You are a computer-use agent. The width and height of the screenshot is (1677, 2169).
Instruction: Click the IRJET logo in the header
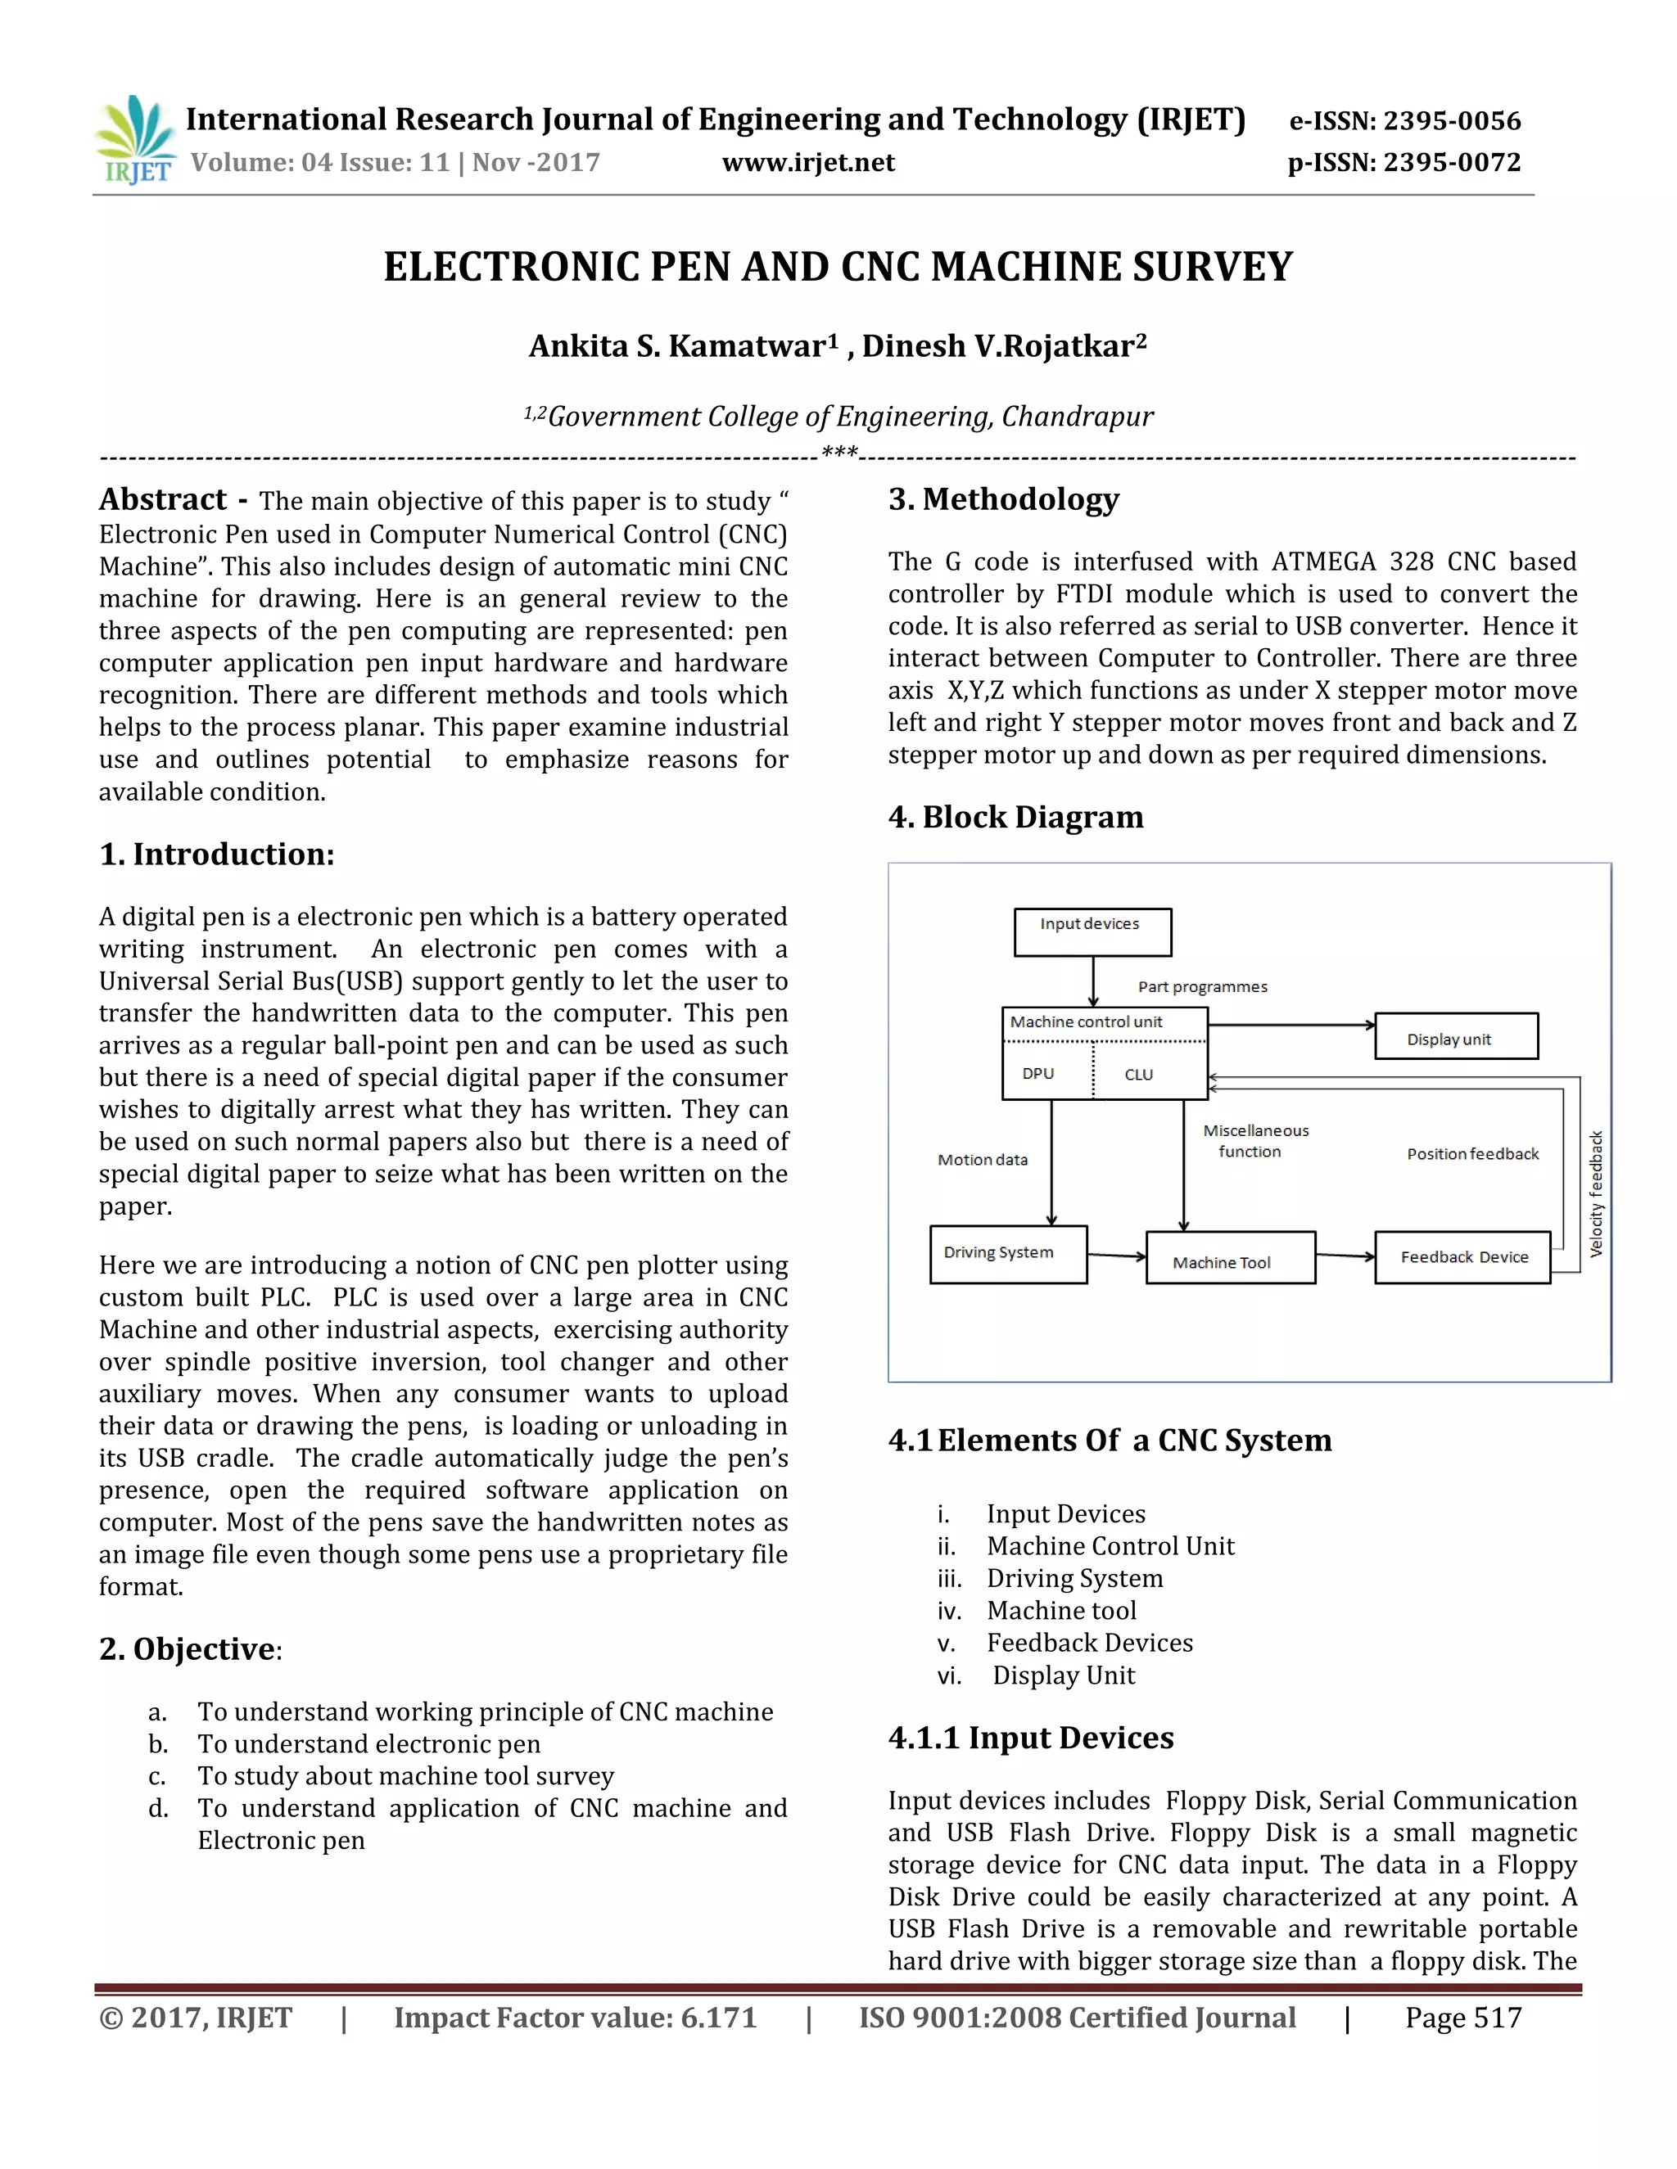click(x=136, y=140)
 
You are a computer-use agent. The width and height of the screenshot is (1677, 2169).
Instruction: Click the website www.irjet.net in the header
click(x=807, y=163)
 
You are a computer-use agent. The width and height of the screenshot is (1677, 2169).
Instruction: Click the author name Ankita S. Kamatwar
click(x=677, y=346)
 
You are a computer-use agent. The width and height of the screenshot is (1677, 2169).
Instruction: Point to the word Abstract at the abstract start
click(x=163, y=499)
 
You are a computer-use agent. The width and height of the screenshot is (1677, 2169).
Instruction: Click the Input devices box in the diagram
click(x=1092, y=931)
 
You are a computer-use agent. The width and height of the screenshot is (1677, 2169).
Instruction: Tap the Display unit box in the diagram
click(x=1455, y=1037)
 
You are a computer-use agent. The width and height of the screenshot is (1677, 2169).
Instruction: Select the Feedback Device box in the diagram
click(x=1462, y=1257)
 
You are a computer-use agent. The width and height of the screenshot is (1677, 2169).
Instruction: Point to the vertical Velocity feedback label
click(x=1597, y=1193)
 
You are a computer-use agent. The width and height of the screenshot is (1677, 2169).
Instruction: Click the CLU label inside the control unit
click(x=1138, y=1075)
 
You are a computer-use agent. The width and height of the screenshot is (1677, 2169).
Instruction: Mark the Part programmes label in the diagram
click(x=1202, y=987)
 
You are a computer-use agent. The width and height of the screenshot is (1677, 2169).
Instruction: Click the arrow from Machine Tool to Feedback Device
click(x=1345, y=1256)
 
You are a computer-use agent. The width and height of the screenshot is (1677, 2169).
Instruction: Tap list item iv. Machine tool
click(x=1060, y=1610)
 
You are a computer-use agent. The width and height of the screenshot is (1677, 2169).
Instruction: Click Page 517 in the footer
click(x=1462, y=2018)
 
